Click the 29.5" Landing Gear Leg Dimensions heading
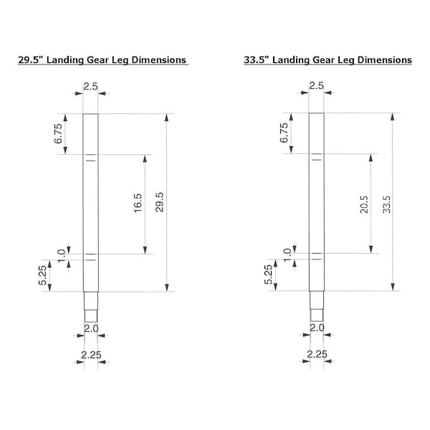coord(102,60)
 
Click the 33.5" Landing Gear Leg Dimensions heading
coord(328,60)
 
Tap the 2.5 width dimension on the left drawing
coord(90,87)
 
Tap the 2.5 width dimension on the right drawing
coord(316,87)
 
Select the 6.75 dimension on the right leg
coord(284,134)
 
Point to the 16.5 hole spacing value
coord(138,204)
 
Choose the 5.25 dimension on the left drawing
coord(62,276)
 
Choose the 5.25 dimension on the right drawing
coord(269,276)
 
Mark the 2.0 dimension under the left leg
coord(90,328)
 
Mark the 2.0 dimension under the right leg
coord(316,328)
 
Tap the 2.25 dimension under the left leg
coord(90,353)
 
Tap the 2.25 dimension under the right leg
coord(316,353)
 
